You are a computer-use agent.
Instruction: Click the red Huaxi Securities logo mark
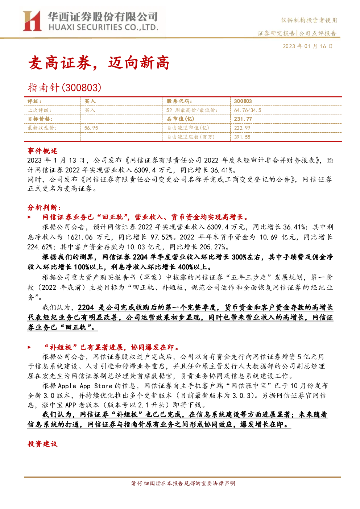point(32,21)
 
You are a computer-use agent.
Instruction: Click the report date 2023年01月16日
point(307,46)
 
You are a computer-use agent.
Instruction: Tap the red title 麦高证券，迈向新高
point(99,63)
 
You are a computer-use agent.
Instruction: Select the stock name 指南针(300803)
point(65,88)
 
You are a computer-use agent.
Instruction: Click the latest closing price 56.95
point(91,128)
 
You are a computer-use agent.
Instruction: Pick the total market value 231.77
point(243,119)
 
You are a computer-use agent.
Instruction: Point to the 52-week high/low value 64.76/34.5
point(248,110)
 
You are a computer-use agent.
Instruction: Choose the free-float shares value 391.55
point(242,137)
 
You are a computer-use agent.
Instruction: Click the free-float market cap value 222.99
point(242,128)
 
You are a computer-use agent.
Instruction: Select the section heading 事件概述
point(42,151)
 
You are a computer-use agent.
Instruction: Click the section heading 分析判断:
point(44,207)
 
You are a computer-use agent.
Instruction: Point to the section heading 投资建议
point(42,444)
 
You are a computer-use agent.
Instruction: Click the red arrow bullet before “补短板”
point(29,347)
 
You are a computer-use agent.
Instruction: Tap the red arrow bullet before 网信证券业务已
point(29,217)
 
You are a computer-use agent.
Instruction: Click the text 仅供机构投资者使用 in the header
point(309,20)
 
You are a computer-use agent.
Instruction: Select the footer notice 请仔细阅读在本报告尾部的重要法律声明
point(183,483)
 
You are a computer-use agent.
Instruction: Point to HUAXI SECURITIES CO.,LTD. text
point(103,27)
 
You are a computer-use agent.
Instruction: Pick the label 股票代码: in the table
point(179,102)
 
